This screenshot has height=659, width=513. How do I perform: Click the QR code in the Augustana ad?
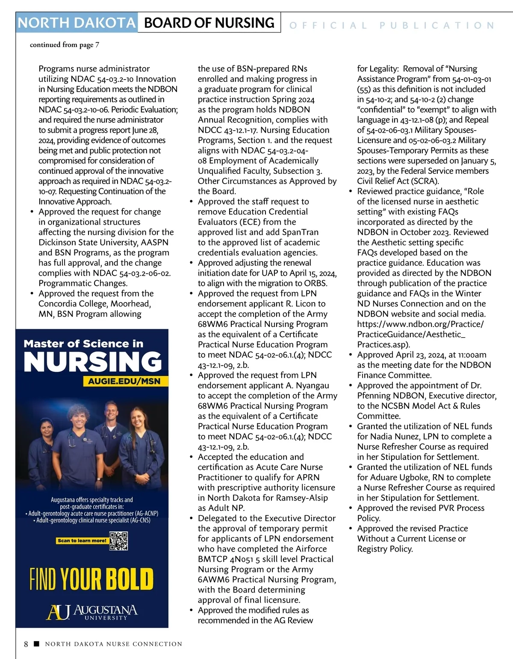click(119, 541)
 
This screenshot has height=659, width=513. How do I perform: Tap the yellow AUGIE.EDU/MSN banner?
click(124, 381)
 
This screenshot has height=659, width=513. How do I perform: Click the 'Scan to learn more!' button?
click(82, 540)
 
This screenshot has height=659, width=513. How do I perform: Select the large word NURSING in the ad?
click(93, 362)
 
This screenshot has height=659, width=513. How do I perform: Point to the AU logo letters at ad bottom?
click(58, 612)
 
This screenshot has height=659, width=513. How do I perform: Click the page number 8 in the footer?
click(26, 644)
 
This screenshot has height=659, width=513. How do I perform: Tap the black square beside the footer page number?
click(36, 644)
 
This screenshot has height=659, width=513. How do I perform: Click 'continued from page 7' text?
click(64, 45)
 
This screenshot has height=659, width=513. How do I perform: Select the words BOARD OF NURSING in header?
click(209, 23)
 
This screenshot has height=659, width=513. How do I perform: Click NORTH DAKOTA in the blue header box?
click(77, 23)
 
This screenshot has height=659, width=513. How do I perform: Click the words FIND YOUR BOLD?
click(91, 579)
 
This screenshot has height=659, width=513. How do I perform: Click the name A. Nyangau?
click(307, 386)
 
